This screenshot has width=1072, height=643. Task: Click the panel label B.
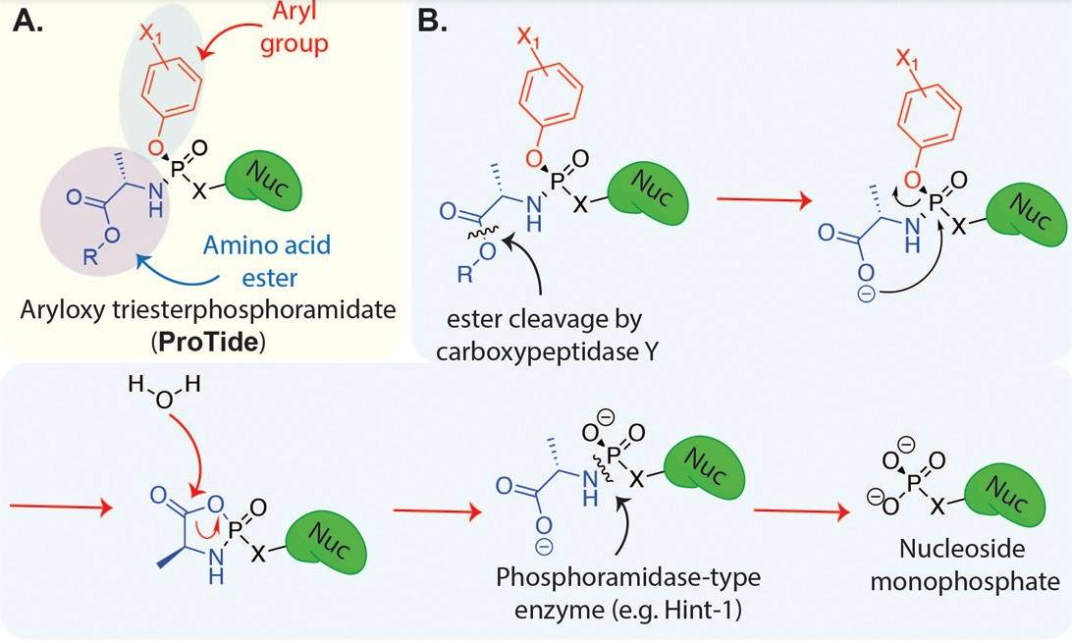pos(432,21)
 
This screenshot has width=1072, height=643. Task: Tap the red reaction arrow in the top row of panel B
pos(762,202)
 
